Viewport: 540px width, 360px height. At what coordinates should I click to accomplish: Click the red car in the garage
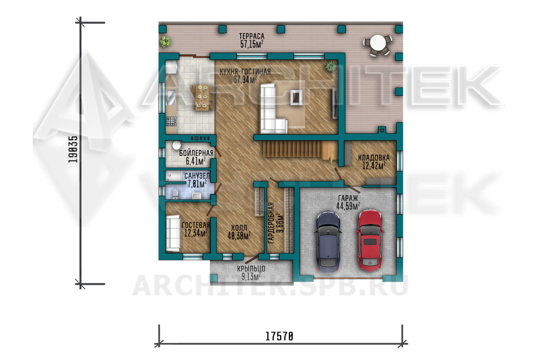(370, 240)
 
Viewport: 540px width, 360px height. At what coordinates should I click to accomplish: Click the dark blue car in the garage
(328, 242)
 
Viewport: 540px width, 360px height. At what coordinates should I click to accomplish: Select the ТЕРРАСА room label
(252, 36)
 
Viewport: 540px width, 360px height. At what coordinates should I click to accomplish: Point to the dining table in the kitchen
(202, 97)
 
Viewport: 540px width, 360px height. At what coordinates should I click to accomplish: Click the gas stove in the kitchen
(171, 121)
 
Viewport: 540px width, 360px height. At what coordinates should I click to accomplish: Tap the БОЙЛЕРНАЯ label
(196, 153)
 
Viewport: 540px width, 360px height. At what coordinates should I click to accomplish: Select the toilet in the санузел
(175, 194)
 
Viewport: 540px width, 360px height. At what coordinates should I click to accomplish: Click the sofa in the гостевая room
(173, 233)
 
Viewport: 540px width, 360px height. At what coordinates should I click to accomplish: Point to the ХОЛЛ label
(239, 228)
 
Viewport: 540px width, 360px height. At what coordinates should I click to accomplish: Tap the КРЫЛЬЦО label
(251, 269)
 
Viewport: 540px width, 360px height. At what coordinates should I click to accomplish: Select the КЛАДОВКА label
(374, 158)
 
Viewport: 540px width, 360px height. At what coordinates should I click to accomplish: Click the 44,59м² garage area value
(348, 206)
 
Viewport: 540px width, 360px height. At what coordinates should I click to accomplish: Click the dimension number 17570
(279, 336)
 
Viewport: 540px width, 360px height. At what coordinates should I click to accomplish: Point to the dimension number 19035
(73, 149)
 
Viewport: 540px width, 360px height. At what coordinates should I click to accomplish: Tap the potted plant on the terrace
(165, 42)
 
